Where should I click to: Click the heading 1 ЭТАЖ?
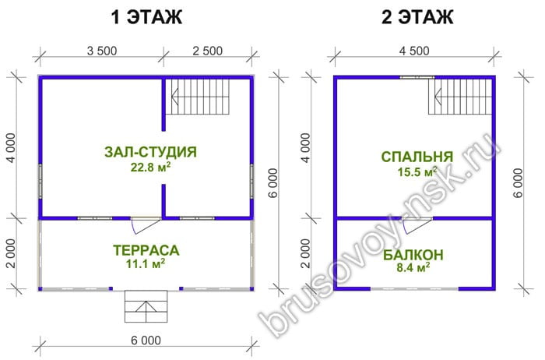[146, 17]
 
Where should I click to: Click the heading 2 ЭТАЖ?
[417, 17]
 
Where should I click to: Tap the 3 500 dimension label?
[102, 51]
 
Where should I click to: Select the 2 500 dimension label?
[208, 51]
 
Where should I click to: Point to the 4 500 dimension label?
[414, 51]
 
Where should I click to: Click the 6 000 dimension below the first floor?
[146, 341]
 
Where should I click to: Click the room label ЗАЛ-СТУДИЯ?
[150, 152]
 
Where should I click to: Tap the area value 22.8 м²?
[150, 167]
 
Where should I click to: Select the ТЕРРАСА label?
[146, 250]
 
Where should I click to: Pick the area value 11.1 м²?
[146, 264]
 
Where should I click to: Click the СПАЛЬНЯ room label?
[417, 157]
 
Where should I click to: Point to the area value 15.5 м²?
[417, 171]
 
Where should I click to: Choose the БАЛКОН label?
[413, 255]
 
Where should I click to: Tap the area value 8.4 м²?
[413, 268]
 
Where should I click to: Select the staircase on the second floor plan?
[460, 97]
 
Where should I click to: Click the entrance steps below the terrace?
[146, 306]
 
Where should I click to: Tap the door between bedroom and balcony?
[417, 225]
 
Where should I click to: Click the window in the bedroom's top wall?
[417, 77]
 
